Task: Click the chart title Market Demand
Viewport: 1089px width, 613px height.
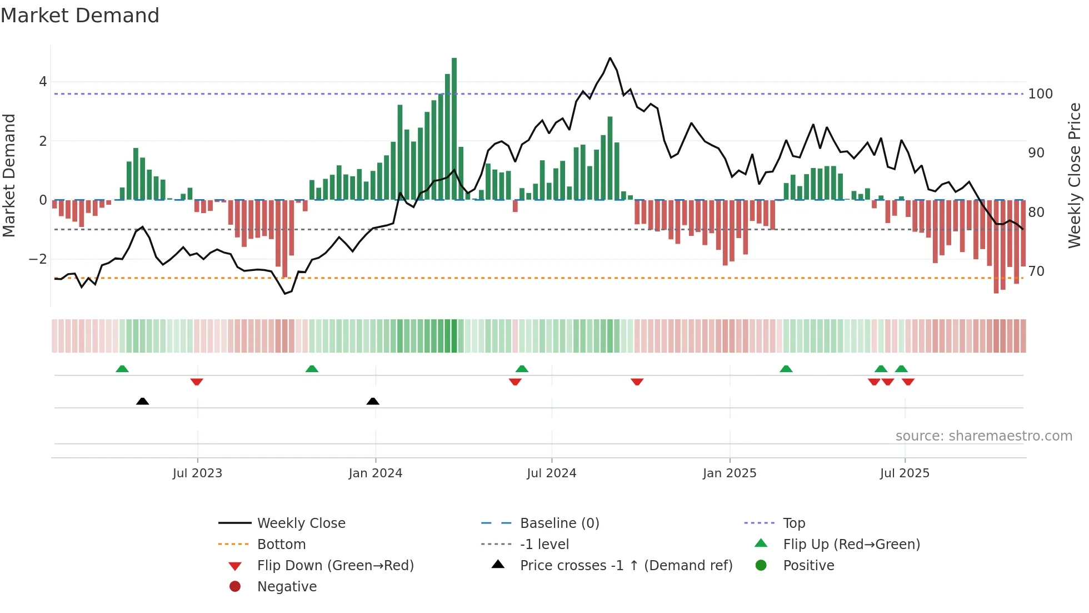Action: coord(80,16)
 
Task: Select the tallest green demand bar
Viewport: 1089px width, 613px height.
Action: coord(454,128)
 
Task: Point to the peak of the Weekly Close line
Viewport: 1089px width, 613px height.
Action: coord(610,58)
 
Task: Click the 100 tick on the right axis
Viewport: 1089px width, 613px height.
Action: coord(1040,94)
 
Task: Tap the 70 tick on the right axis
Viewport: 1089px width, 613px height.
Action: coord(1036,271)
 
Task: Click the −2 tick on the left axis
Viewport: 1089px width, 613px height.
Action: coord(38,259)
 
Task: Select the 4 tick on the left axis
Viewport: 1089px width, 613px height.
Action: coord(43,82)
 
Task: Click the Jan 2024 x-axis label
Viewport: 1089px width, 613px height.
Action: coord(375,473)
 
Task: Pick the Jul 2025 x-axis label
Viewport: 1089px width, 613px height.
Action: coord(904,473)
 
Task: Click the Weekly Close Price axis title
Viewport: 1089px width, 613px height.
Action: coord(1075,175)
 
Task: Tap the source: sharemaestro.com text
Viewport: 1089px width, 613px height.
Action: coord(983,436)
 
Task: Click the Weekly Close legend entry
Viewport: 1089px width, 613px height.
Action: coord(301,523)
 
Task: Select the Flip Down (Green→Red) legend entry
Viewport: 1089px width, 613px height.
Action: coord(335,566)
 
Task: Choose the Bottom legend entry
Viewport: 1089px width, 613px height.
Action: coord(281,545)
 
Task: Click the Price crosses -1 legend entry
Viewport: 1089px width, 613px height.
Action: coord(626,566)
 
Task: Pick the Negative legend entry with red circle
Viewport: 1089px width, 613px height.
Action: coord(287,587)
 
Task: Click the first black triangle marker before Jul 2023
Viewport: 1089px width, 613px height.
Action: coord(142,401)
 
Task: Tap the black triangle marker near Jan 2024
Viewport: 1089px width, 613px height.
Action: coord(373,401)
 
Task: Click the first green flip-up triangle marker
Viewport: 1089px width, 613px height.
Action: coord(122,368)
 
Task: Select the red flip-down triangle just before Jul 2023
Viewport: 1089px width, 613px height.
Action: coord(197,382)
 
